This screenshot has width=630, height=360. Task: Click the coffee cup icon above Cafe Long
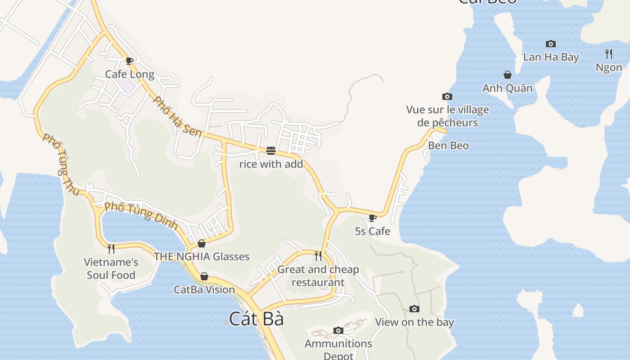130,61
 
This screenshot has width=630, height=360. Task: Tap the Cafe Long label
130,74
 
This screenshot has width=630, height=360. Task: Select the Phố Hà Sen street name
177,117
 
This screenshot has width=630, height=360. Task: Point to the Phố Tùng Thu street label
61,164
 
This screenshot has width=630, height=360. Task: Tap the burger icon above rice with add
270,150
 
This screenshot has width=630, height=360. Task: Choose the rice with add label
271,164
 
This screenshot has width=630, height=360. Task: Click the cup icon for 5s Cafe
372,218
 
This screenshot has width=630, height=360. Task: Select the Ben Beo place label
448,146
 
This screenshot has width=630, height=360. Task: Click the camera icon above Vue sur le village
447,96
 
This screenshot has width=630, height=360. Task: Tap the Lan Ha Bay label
551,57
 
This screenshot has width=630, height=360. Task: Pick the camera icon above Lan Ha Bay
550,44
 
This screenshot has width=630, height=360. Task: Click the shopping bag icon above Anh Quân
508,75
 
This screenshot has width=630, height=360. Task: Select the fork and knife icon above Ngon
609,54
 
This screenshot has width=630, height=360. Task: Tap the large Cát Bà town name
256,319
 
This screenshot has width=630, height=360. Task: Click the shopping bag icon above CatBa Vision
204,276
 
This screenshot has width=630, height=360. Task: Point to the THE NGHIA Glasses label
202,256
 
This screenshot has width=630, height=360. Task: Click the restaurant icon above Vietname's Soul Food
111,248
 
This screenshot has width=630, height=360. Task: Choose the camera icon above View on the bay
414,309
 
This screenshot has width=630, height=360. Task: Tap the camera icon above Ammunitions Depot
338,330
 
